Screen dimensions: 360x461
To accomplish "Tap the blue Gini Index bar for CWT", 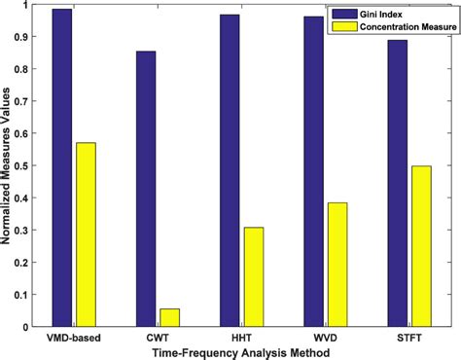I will coord(146,189).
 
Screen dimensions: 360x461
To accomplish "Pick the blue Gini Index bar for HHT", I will coord(230,170).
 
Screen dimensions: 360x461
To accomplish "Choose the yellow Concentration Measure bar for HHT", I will coord(253,276).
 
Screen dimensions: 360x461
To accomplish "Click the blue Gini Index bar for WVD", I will coord(313,171).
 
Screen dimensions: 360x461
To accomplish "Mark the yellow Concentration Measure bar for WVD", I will coord(337,265).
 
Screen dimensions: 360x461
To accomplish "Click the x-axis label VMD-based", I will coord(74,337).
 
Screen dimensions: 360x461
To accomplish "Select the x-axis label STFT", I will coord(408,337).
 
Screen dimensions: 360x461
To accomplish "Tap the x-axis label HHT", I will coord(241,337).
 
